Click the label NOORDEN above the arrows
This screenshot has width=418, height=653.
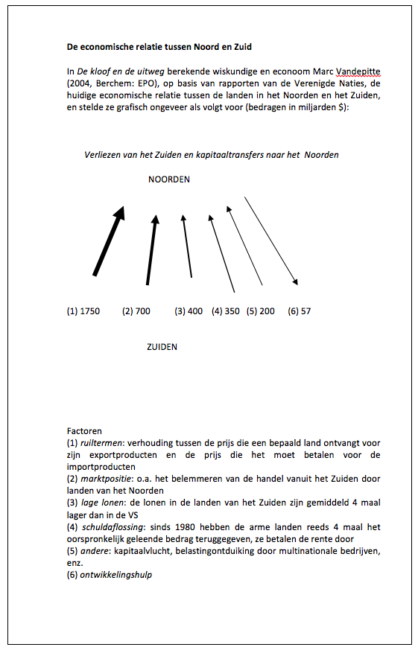169,179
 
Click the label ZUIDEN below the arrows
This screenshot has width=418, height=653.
162,347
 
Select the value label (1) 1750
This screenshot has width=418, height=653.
83,311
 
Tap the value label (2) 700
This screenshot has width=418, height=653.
136,311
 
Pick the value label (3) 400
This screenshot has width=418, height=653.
189,311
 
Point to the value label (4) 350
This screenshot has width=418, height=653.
226,311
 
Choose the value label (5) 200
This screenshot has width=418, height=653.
261,311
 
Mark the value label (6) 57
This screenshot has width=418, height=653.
300,311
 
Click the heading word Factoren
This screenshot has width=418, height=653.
84,431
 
